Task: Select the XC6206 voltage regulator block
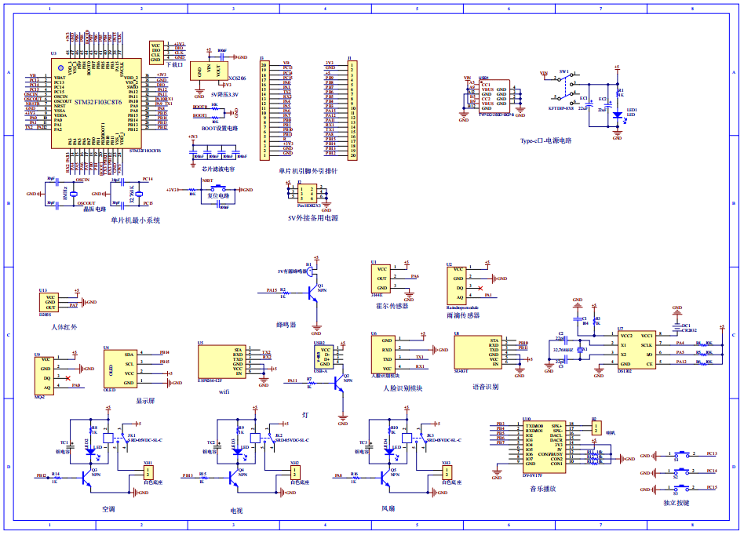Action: (210, 71)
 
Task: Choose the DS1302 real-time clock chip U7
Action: (636, 350)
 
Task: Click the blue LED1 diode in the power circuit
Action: (617, 115)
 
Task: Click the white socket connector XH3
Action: (447, 475)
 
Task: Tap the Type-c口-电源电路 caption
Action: (545, 141)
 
